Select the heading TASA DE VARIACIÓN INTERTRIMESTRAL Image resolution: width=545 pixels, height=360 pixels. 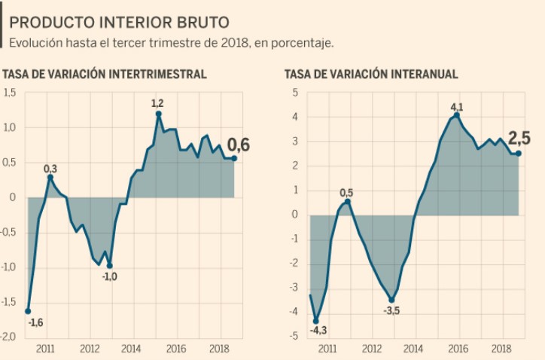point(105,74)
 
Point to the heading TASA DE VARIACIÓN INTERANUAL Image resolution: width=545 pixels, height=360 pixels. point(371,74)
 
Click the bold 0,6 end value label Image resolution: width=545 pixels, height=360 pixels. point(239,145)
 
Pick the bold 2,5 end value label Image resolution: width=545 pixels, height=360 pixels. point(519,139)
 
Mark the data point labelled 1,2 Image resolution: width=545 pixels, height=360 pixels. point(159,114)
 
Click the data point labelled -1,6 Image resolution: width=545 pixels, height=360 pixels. point(28,310)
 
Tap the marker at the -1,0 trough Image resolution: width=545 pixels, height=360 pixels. point(109,265)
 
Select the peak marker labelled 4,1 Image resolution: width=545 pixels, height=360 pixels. point(456,115)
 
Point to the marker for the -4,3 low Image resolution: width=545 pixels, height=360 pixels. point(316,320)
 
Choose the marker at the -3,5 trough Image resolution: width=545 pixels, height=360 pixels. point(391,300)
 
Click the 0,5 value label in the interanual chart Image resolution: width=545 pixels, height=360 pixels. point(346,193)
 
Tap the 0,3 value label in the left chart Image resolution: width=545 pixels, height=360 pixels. point(50,168)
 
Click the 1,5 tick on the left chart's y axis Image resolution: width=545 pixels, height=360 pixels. point(10,93)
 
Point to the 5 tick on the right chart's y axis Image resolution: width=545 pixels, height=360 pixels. point(296,93)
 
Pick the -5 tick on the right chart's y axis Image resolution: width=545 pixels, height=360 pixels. point(294,336)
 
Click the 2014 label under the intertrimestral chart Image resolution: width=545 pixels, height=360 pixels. point(131,349)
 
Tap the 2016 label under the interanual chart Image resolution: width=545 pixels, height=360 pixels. point(456,349)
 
